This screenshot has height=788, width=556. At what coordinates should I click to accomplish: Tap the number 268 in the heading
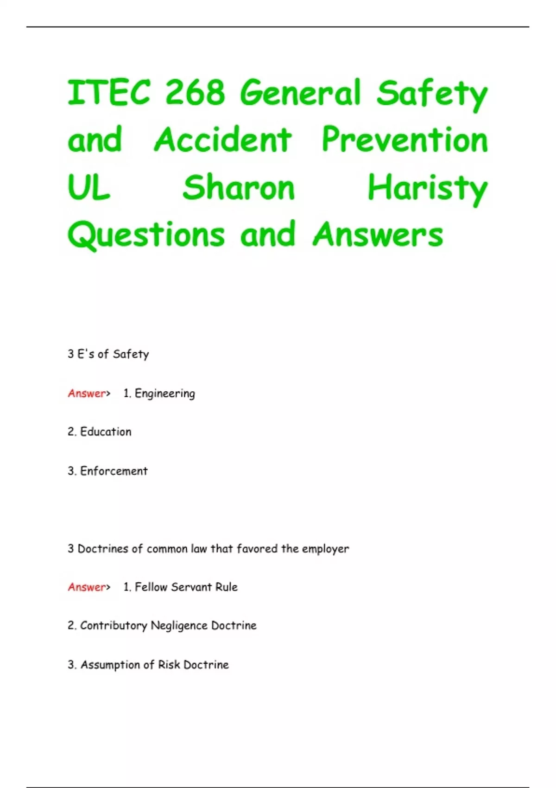(195, 92)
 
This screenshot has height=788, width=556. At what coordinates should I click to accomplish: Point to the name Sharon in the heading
(239, 188)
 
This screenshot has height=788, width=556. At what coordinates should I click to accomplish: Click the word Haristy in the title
(427, 189)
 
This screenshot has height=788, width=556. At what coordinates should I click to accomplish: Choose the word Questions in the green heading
(146, 235)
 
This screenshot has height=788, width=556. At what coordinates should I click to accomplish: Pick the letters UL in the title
(89, 188)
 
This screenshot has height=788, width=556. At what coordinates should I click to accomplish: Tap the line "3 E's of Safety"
(108, 354)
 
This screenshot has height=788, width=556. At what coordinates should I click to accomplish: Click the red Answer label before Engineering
(87, 394)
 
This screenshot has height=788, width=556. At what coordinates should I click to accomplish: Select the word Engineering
(165, 394)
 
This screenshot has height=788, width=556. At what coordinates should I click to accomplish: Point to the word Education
(106, 432)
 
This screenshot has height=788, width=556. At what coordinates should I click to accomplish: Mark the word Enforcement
(114, 471)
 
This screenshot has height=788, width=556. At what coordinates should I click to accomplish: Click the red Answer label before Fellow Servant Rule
(87, 587)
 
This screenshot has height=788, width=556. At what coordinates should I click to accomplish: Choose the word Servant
(191, 587)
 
